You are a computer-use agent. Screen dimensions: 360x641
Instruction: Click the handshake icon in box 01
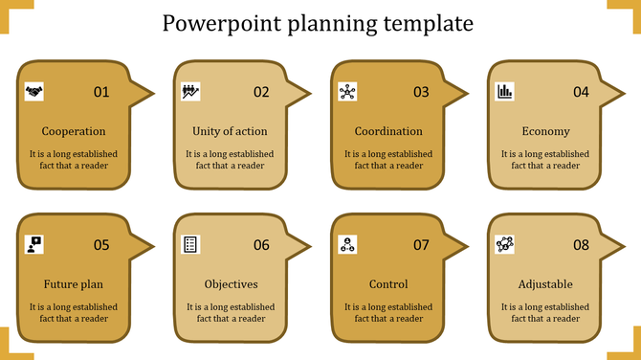click(34, 92)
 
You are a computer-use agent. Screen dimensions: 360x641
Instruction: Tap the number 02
click(261, 93)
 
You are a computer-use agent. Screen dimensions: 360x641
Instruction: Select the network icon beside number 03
click(347, 92)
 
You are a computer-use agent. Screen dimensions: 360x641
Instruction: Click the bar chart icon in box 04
click(504, 92)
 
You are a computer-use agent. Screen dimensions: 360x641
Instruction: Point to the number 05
click(101, 245)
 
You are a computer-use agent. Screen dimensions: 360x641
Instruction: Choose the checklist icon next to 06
click(190, 244)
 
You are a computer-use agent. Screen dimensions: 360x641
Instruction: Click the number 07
click(421, 245)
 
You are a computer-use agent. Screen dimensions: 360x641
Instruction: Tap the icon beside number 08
click(505, 244)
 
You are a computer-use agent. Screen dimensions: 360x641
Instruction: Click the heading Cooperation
click(74, 131)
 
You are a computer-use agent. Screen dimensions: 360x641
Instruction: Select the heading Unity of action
click(230, 131)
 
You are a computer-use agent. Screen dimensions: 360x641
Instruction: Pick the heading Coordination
click(388, 131)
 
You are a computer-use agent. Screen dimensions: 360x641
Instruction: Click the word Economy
click(545, 131)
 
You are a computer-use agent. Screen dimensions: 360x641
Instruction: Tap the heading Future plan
click(74, 284)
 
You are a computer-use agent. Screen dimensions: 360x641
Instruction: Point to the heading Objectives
click(231, 284)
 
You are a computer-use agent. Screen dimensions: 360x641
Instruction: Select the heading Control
click(388, 284)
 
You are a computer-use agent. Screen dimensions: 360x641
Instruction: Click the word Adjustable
click(545, 284)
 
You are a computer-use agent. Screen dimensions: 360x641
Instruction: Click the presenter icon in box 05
click(34, 244)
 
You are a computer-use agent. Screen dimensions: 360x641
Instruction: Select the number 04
click(581, 93)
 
